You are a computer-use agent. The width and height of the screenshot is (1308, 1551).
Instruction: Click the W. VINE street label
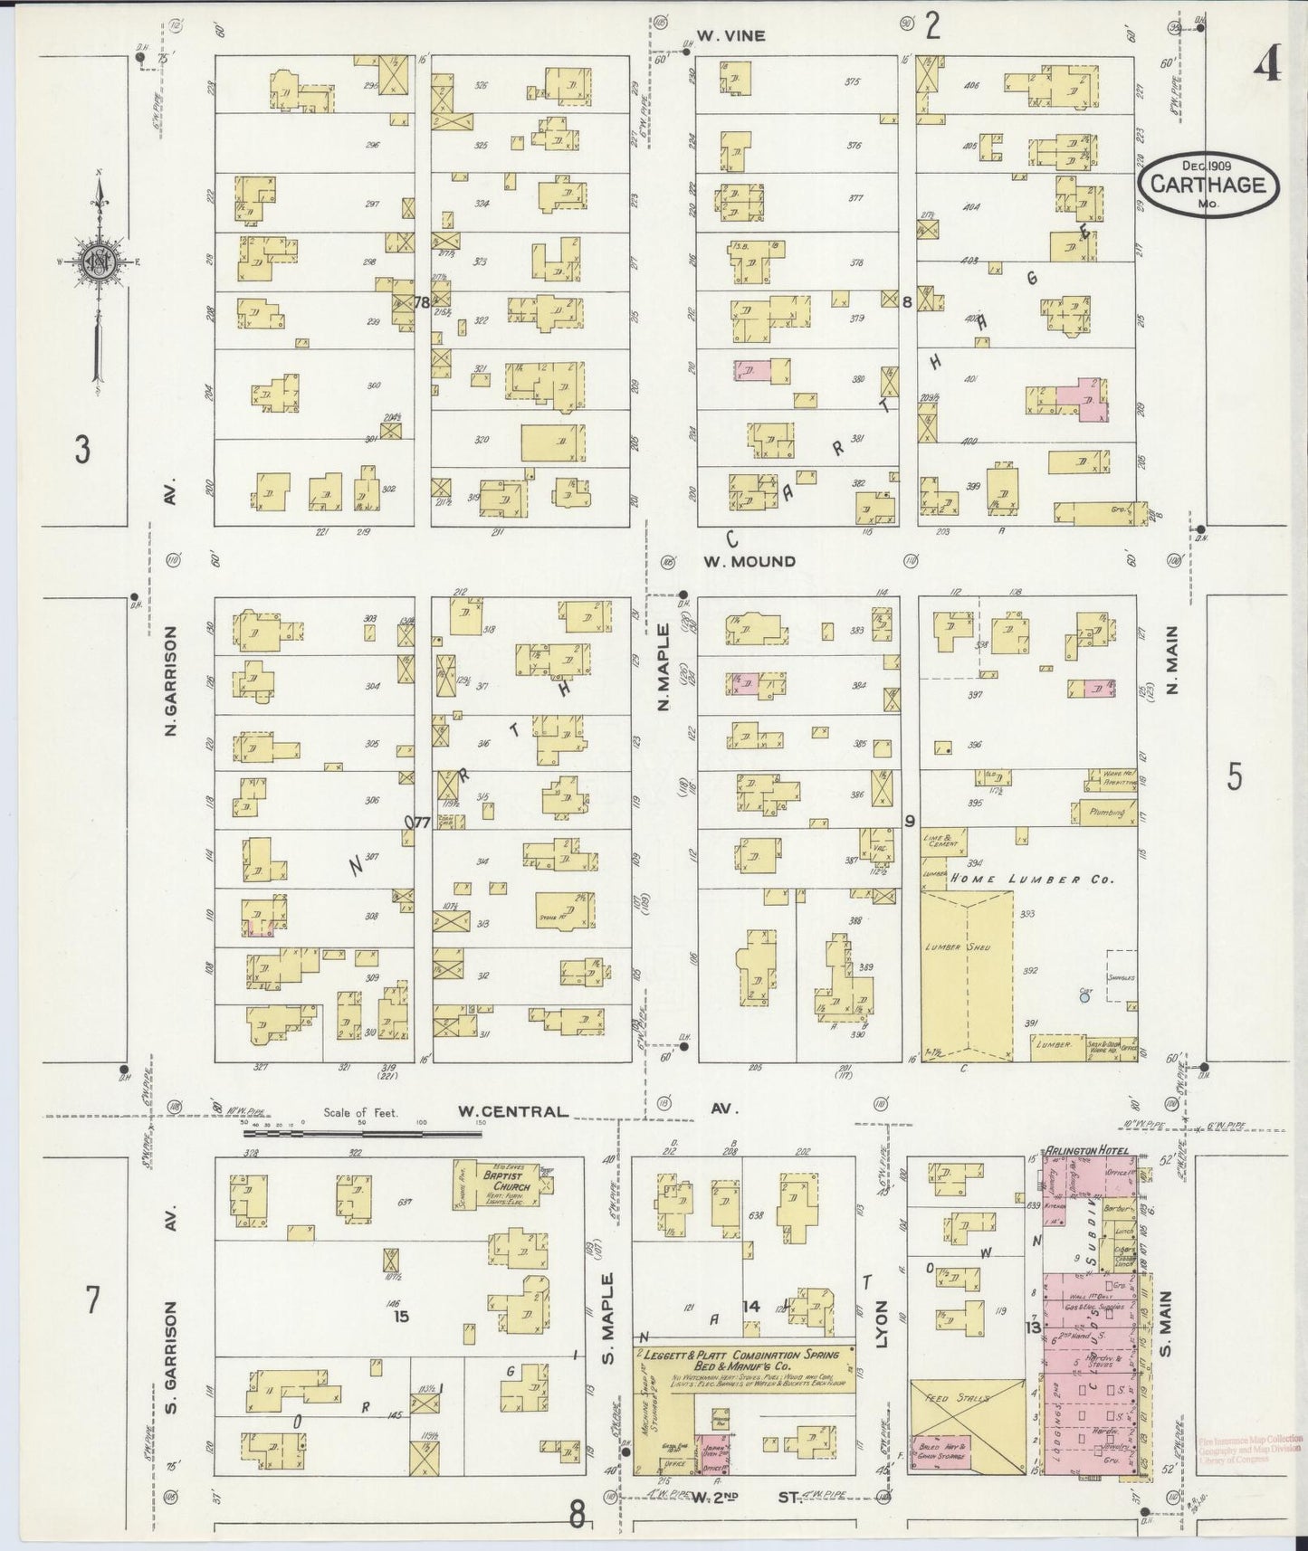[730, 36]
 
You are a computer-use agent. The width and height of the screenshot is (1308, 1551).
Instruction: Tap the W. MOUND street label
[749, 561]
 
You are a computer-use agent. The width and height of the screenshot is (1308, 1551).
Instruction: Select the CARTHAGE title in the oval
[1208, 184]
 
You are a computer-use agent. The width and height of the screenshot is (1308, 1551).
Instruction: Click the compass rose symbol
[97, 262]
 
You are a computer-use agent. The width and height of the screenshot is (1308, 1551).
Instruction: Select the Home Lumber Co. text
[1028, 879]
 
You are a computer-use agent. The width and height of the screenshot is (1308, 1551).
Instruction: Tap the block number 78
[420, 303]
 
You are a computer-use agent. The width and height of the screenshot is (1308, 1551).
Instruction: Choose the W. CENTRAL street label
[512, 1111]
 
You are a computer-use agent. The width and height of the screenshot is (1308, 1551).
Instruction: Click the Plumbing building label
[1106, 813]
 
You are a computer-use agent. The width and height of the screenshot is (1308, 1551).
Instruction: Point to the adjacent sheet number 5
[1234, 776]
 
